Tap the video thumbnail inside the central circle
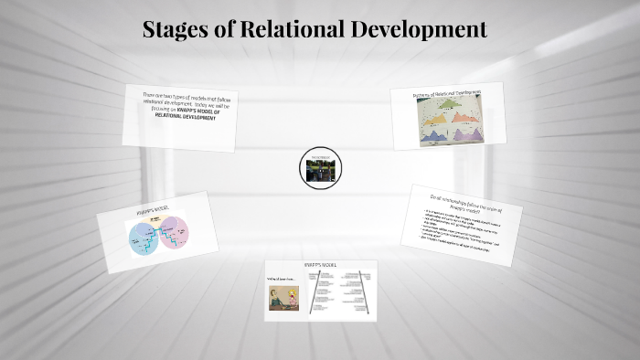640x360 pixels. [x=320, y=170]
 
